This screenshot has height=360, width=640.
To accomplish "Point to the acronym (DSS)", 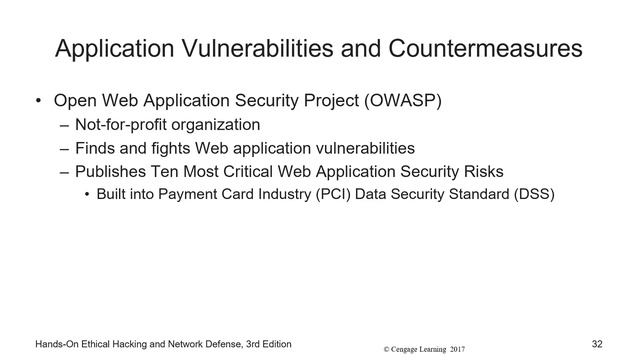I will pos(518,193).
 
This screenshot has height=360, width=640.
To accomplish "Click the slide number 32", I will pos(597,344).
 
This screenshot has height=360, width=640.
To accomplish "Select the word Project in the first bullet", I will pos(327,102).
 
